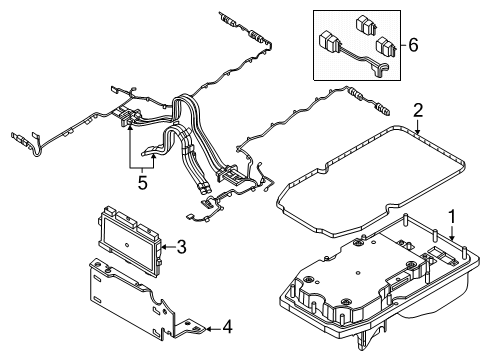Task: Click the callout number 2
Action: pyautogui.click(x=420, y=110)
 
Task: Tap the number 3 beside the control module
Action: pyautogui.click(x=182, y=245)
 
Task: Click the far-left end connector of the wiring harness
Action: pyautogui.click(x=17, y=139)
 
